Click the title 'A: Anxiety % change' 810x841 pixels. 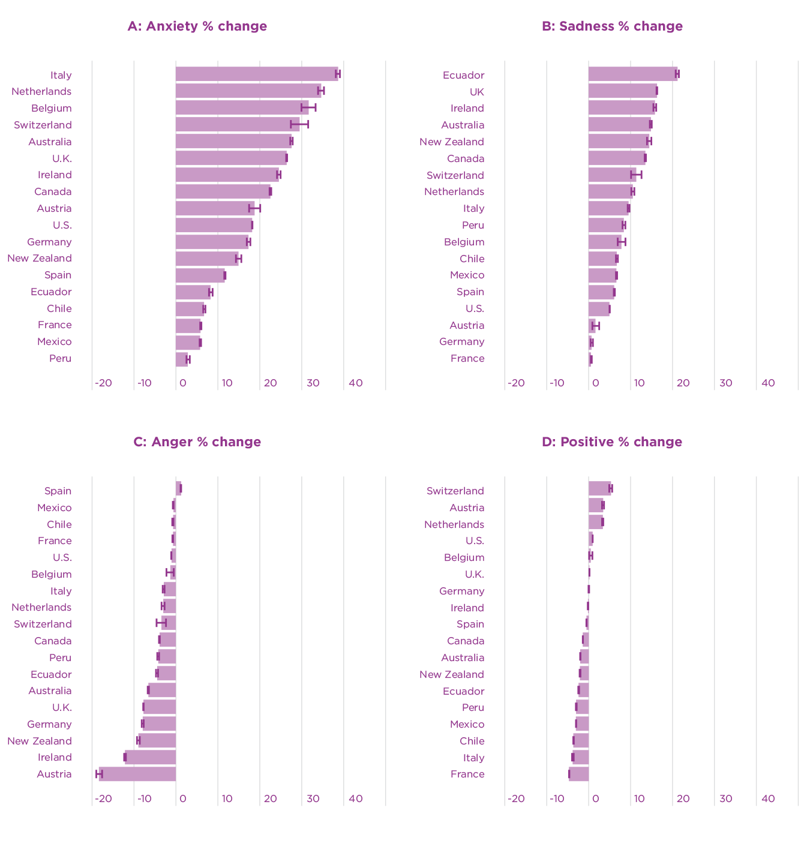pyautogui.click(x=197, y=26)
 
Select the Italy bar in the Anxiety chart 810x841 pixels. pyautogui.click(x=257, y=74)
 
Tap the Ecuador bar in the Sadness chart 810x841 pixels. pyautogui.click(x=632, y=74)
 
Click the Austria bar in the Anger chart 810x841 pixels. pyautogui.click(x=137, y=774)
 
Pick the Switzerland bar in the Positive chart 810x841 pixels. pyautogui.click(x=599, y=488)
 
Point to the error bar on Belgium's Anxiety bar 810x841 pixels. pyautogui.click(x=308, y=107)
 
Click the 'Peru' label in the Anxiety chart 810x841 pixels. pyautogui.click(x=60, y=359)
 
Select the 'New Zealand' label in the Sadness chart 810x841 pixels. pyautogui.click(x=451, y=142)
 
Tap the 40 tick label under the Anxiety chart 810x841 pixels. pyautogui.click(x=355, y=383)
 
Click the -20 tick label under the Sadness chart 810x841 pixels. pyautogui.click(x=515, y=383)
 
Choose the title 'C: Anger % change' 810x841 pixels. pyautogui.click(x=197, y=442)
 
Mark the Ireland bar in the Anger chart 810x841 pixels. pyautogui.click(x=151, y=757)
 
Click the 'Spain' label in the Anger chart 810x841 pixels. pyautogui.click(x=58, y=491)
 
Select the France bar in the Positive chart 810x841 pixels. pyautogui.click(x=579, y=774)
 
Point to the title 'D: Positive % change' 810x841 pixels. pyautogui.click(x=611, y=442)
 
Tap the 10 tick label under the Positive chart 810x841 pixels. pyautogui.click(x=639, y=798)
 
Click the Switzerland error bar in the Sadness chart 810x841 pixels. pyautogui.click(x=636, y=175)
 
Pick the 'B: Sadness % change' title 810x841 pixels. pyautogui.click(x=612, y=26)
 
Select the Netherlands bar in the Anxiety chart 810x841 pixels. pyautogui.click(x=248, y=91)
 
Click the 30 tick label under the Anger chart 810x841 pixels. pyautogui.click(x=313, y=798)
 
